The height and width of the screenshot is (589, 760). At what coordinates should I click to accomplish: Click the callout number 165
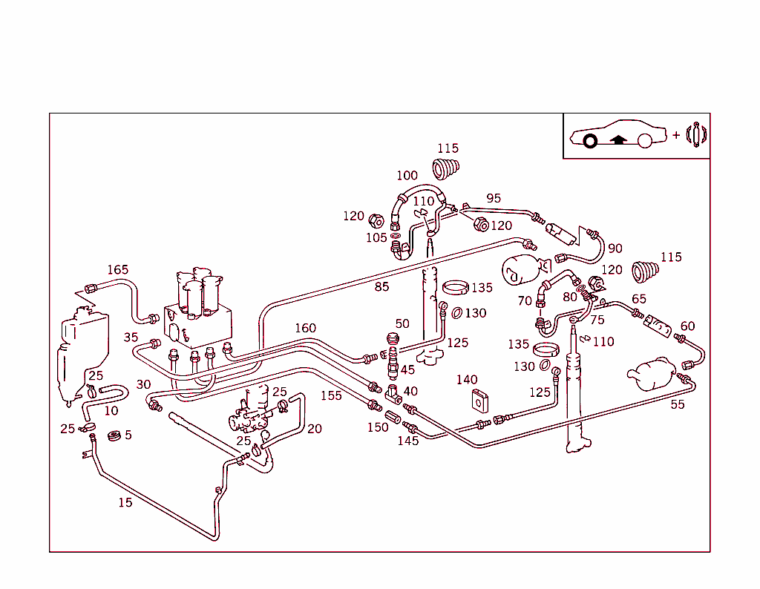(x=118, y=270)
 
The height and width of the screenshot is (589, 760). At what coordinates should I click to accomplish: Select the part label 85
(x=381, y=286)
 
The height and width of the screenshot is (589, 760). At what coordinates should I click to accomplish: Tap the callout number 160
(x=305, y=328)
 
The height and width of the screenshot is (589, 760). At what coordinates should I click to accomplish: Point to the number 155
(x=331, y=395)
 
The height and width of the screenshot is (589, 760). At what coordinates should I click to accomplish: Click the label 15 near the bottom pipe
(x=125, y=502)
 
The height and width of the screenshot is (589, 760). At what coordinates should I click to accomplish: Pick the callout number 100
(x=407, y=176)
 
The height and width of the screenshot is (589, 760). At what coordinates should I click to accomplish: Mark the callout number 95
(x=494, y=198)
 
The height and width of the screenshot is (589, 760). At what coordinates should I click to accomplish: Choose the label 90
(x=615, y=249)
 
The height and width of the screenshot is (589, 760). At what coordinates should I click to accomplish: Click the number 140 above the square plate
(x=467, y=380)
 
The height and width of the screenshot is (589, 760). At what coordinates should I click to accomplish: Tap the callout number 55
(x=678, y=404)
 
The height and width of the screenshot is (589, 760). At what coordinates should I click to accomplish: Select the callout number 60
(x=688, y=326)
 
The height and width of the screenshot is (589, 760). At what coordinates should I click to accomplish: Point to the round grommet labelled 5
(x=114, y=435)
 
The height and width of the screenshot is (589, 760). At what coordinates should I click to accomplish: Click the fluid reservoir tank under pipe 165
(x=83, y=349)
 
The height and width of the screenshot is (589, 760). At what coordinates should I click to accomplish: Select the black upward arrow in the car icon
(x=618, y=139)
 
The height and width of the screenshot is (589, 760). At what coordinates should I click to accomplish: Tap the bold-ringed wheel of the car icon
(x=590, y=141)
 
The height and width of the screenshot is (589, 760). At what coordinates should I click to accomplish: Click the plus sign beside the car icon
(x=676, y=135)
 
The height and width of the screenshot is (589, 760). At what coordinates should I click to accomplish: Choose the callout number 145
(x=407, y=441)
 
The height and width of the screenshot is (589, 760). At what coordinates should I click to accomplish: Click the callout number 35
(x=131, y=338)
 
